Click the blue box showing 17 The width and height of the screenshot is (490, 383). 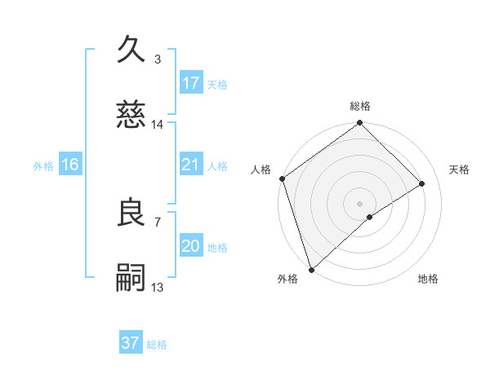coord(191,83)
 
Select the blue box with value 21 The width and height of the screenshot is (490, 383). coord(191,165)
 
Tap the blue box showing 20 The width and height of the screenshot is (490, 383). coord(191,246)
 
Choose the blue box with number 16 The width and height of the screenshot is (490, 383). coord(70,165)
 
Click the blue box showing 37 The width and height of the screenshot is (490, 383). coord(131,343)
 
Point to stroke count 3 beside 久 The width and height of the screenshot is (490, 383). coord(158,59)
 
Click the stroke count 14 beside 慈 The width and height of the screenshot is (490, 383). coord(158,125)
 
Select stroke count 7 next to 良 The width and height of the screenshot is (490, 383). coord(158,222)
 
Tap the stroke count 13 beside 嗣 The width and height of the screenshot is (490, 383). coord(158,288)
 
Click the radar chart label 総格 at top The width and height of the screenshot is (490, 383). coord(360,107)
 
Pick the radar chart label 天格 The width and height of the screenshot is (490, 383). coord(459,169)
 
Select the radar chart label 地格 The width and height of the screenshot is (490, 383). coord(428,279)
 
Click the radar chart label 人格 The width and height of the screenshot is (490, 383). coord(261,169)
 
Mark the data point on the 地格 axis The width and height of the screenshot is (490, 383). coord(370,217)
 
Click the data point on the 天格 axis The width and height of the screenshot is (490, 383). coord(422,183)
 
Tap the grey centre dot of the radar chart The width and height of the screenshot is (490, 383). coord(360,203)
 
